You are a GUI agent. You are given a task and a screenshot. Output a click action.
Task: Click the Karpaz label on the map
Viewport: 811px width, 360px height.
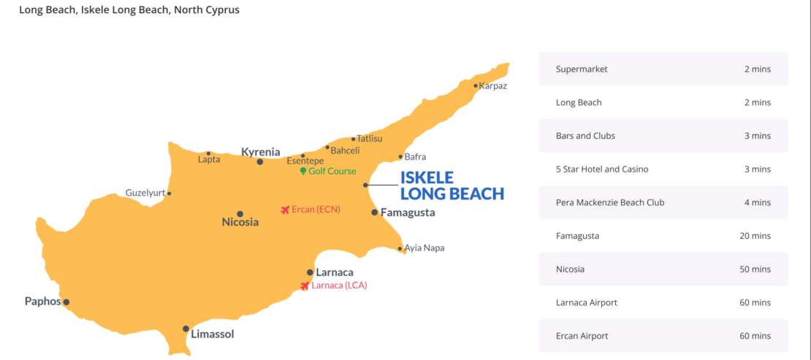[x=492, y=85]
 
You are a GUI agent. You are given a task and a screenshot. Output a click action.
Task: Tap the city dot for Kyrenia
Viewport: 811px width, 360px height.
[x=260, y=161]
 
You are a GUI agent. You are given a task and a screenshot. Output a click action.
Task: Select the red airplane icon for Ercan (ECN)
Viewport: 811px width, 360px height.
[x=285, y=210]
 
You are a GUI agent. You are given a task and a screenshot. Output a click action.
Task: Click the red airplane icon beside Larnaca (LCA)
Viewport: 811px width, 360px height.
[x=305, y=286]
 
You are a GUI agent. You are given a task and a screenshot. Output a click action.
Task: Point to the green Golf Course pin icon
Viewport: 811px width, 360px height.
[x=303, y=171]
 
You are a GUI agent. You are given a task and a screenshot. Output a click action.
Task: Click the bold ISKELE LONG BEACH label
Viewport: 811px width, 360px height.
[x=452, y=185]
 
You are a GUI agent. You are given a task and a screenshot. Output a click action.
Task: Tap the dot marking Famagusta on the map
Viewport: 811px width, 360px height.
[x=375, y=212]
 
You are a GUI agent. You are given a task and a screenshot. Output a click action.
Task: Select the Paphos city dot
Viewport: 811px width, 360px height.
[x=66, y=302]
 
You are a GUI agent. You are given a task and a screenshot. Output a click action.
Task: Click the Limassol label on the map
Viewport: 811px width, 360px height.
[x=213, y=334]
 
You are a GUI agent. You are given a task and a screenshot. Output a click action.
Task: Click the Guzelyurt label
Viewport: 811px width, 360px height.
[x=145, y=193]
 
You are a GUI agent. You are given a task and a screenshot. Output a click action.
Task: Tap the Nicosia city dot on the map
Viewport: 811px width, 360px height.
[x=240, y=214]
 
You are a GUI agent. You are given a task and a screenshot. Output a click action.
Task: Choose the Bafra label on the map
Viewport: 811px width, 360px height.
[x=414, y=156]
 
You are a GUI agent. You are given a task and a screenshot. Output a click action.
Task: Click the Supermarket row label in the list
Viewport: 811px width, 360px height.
[x=582, y=69]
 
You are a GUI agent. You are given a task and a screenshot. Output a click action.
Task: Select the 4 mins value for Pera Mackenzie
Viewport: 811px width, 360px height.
[x=757, y=202]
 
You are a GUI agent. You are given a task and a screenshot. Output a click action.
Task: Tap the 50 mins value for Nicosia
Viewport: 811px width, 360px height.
[x=755, y=269]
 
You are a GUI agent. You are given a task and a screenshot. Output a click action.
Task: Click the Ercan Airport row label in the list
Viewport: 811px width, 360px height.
[x=582, y=336]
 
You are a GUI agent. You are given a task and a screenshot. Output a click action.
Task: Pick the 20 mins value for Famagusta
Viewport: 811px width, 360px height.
[x=755, y=236]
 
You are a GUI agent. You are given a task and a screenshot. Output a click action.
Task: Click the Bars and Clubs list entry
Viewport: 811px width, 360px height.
[x=585, y=136]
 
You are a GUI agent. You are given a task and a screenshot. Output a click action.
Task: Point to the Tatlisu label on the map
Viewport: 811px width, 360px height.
[x=369, y=138]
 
